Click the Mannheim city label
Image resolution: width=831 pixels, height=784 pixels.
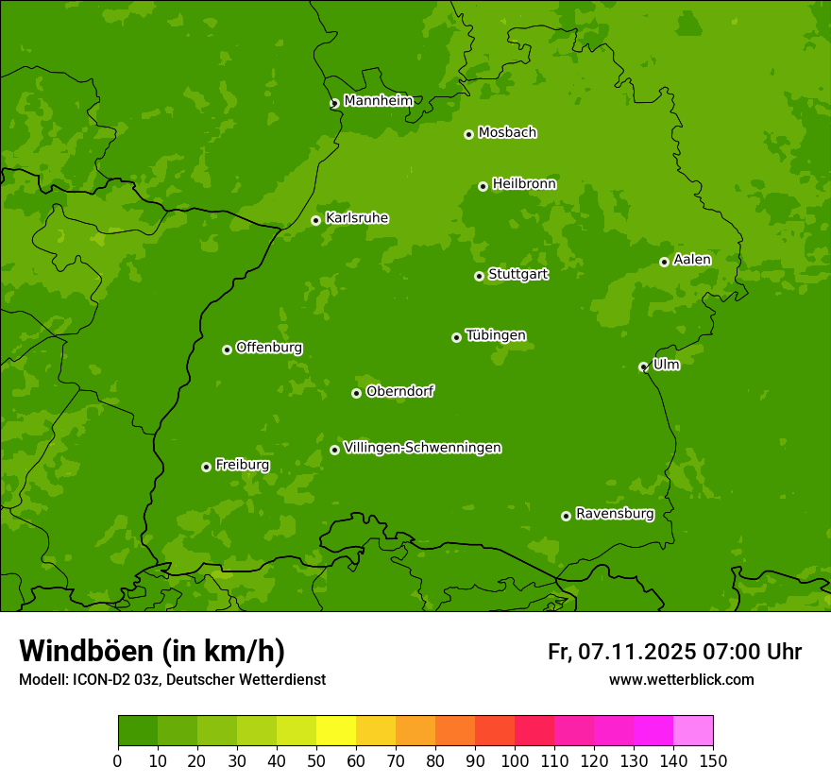tap(378, 101)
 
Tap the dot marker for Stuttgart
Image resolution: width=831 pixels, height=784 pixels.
tap(479, 276)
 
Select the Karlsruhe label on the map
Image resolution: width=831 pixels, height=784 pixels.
tap(357, 218)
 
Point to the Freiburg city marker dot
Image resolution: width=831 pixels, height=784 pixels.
tap(206, 467)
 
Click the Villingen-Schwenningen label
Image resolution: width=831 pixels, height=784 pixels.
tap(422, 448)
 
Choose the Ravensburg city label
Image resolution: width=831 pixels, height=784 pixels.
tap(615, 514)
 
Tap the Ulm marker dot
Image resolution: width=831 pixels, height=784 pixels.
tap(643, 366)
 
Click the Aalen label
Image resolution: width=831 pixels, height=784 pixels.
tap(692, 260)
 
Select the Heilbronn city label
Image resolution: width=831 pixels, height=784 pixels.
tap(524, 184)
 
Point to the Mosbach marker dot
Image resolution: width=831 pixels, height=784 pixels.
tap(468, 134)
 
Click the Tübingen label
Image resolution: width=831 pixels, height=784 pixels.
tap(496, 335)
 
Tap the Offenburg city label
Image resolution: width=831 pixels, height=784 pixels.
tap(269, 348)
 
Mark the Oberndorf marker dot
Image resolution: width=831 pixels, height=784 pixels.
tap(356, 393)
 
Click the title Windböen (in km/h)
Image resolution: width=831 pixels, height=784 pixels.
tap(152, 651)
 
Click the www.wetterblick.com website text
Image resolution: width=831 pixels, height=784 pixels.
tap(681, 679)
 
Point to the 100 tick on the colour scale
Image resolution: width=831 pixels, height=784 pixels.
tap(515, 760)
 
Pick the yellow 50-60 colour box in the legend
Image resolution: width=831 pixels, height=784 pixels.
tap(336, 731)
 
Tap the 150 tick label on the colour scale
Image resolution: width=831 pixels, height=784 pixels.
tap(713, 760)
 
